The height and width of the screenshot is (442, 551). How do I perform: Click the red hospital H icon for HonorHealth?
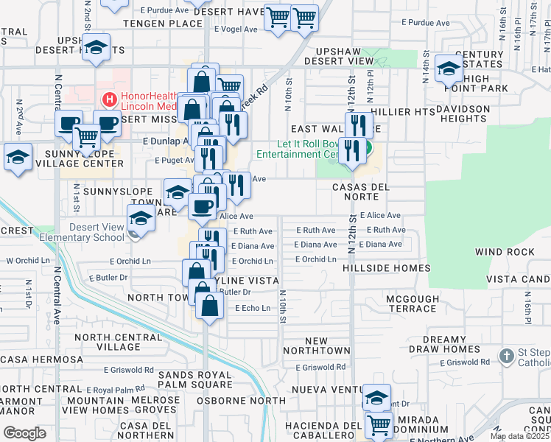pyautogui.click(x=110, y=99)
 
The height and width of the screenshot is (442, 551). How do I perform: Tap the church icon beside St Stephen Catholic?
pyautogui.click(x=506, y=357)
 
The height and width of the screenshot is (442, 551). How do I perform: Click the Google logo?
pyautogui.click(x=24, y=433)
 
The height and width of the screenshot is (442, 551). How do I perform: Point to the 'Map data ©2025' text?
pyautogui.click(x=519, y=436)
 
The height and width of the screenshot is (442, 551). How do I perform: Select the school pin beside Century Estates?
pyautogui.click(x=448, y=69)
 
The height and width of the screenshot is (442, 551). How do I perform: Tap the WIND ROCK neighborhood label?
pyautogui.click(x=505, y=252)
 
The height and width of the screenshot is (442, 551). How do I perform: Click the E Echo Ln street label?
pyautogui.click(x=252, y=308)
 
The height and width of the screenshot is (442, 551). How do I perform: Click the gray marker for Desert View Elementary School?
pyautogui.click(x=133, y=234)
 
